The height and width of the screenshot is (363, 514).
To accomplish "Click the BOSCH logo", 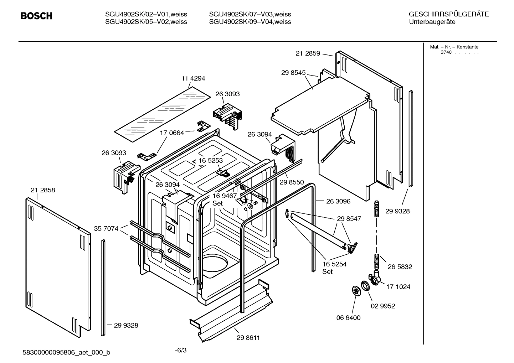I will coord(36,16).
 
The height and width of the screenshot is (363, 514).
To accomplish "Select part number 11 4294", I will coord(193,78).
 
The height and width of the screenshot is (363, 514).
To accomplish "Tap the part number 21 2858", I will coord(43,190).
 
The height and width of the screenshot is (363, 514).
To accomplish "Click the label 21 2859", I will coord(308,53).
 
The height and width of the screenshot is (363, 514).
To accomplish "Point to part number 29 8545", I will coord(293,73).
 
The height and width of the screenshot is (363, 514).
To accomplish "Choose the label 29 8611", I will coord(248,338).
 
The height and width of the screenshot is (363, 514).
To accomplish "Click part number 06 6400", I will coord(348,318).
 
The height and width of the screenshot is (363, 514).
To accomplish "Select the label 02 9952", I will coord(383,306).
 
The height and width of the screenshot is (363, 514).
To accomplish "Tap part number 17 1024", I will coord(398,287).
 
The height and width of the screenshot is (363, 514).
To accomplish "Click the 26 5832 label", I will coord(400,267).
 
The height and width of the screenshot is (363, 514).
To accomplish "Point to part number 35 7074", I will coord(106,229).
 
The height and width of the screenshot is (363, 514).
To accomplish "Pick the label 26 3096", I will coord(338,201).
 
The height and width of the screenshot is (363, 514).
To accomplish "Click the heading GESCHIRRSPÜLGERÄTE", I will coord(448,14).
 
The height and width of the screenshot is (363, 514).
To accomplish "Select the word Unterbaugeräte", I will coord(432,22).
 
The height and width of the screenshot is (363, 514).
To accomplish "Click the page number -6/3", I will coord(181,350).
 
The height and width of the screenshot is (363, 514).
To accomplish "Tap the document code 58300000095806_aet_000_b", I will coord(66,353).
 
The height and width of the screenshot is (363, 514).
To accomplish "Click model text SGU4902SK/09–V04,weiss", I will coord(250,22).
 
